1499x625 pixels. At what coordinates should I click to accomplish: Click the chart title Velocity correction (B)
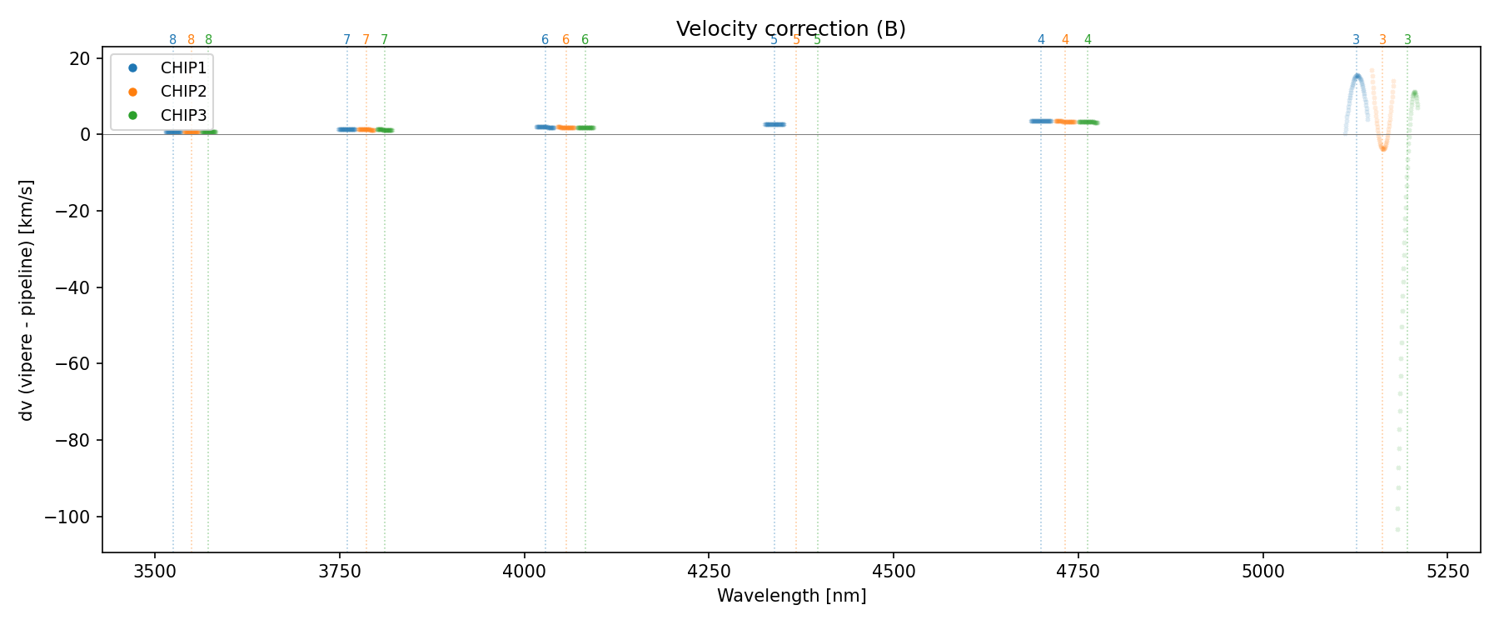[790, 29]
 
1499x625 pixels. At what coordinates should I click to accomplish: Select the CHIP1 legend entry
[182, 68]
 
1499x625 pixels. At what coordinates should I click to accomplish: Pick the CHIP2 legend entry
[182, 92]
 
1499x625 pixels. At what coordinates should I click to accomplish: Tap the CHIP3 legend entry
[182, 116]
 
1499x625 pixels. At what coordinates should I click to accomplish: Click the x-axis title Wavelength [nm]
[791, 596]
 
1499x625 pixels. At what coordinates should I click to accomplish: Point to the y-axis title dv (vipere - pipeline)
[27, 300]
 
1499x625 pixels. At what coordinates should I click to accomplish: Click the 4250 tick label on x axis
[708, 571]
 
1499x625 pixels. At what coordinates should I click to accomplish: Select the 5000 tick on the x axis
[1262, 571]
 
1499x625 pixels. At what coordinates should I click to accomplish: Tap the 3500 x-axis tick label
[154, 571]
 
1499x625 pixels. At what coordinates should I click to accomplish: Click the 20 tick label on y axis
[80, 58]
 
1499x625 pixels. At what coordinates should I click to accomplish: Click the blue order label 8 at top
[172, 40]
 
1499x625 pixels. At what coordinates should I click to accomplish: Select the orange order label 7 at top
[366, 40]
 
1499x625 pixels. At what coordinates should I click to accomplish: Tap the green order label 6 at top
[585, 40]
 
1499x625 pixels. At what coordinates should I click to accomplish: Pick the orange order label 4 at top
[1065, 40]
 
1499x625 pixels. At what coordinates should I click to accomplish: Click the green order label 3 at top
[1407, 40]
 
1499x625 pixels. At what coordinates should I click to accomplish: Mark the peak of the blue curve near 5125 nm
[1357, 76]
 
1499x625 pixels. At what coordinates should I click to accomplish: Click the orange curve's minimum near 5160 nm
[1383, 148]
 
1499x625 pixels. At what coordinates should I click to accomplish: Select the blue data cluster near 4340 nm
[774, 124]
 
